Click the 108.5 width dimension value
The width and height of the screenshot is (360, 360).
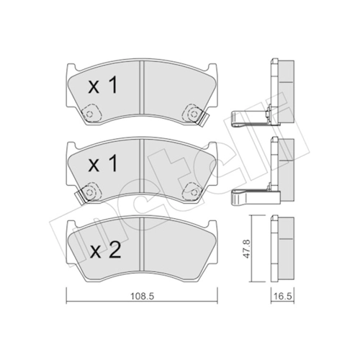[x=142, y=297]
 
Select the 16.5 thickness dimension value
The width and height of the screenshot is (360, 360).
[x=282, y=297]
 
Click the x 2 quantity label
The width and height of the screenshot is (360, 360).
[x=105, y=251]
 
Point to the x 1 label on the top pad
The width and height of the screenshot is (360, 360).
[x=103, y=85]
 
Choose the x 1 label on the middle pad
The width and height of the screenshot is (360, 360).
[x=103, y=163]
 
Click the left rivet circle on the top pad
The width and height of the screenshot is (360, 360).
[x=89, y=114]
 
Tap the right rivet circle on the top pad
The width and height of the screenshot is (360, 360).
[x=193, y=114]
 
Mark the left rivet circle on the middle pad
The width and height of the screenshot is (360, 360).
[x=89, y=192]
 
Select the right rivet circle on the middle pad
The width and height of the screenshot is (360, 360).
[x=193, y=192]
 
